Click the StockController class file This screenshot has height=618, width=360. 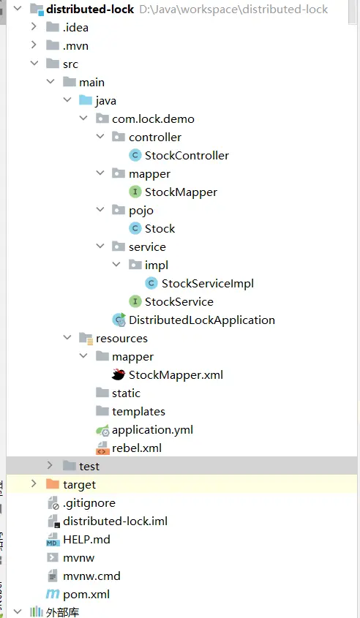(x=187, y=156)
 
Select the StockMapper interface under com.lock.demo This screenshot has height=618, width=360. (x=181, y=192)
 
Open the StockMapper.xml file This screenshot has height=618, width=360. (x=176, y=374)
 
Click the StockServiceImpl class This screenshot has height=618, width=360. (x=207, y=283)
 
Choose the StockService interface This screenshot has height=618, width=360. (x=179, y=302)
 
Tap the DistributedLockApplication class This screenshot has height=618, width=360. (x=201, y=320)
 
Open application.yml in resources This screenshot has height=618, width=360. (x=152, y=429)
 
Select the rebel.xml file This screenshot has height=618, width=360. (x=136, y=448)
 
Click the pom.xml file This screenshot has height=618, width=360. (x=86, y=594)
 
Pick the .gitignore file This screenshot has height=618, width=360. (x=89, y=503)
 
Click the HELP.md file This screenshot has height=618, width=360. (x=86, y=539)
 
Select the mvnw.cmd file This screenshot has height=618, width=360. (x=91, y=576)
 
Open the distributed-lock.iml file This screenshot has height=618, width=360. (x=115, y=521)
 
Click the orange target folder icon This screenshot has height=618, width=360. (x=53, y=484)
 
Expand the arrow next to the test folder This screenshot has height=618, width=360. (x=50, y=465)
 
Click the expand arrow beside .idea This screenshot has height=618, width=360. (x=34, y=27)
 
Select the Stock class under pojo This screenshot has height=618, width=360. (x=160, y=229)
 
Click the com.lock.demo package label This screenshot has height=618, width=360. (x=153, y=119)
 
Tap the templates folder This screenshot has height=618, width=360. (x=138, y=412)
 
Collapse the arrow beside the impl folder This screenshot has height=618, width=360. (x=116, y=265)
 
